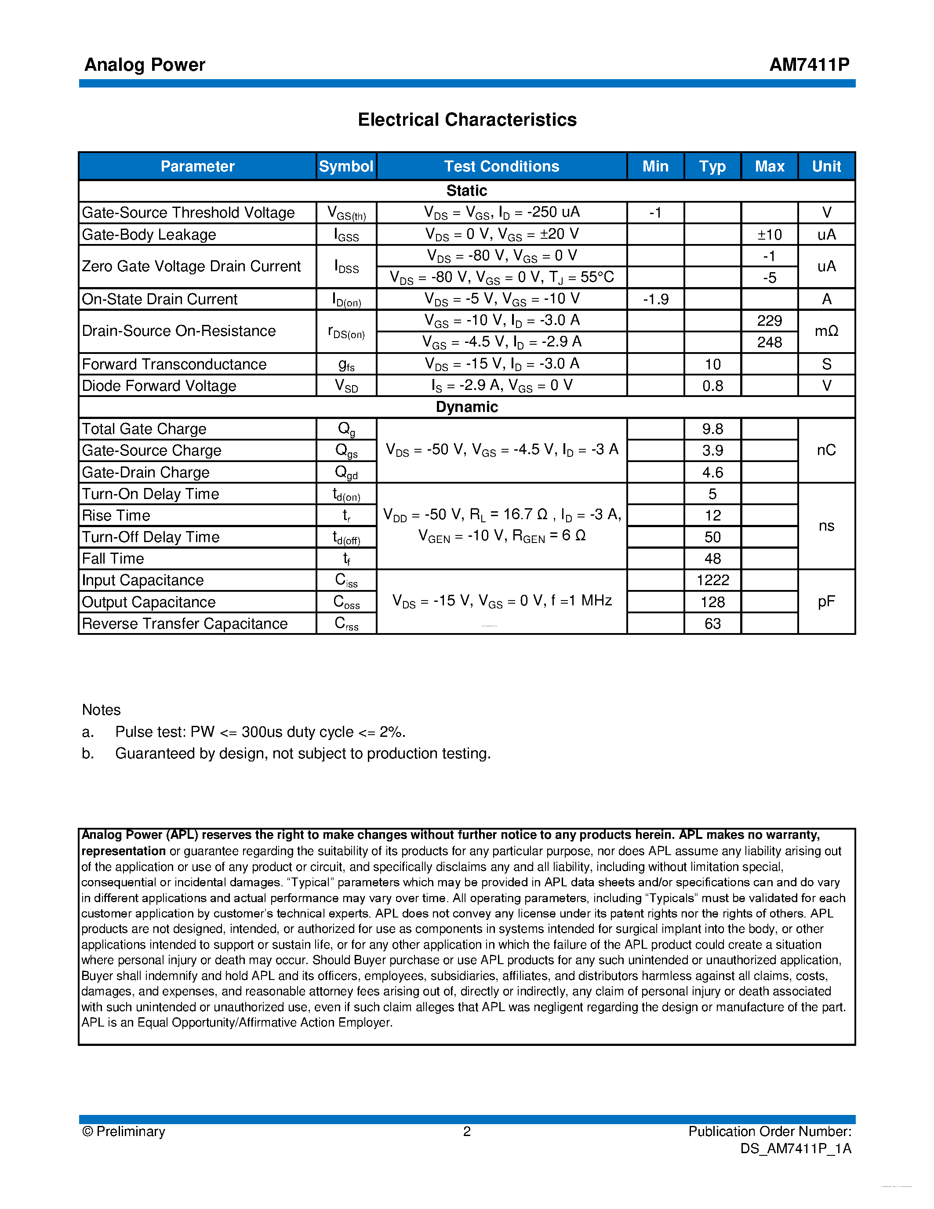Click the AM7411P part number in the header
tap(809, 65)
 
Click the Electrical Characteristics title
tap(467, 120)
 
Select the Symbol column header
tap(346, 166)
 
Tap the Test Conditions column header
tap(502, 166)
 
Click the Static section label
tap(466, 190)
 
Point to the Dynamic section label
tap(466, 407)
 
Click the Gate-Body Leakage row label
tap(149, 234)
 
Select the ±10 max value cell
tap(769, 235)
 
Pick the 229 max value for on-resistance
tap(769, 320)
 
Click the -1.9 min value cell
tap(655, 299)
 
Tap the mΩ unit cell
tap(826, 331)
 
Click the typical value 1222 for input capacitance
tap(712, 580)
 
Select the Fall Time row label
tap(113, 558)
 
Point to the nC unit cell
tap(826, 450)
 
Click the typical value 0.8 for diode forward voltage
tap(712, 386)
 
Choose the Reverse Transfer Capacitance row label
tap(184, 623)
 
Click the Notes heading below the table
tap(101, 710)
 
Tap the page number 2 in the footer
tap(466, 1132)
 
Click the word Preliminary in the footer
tap(131, 1132)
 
